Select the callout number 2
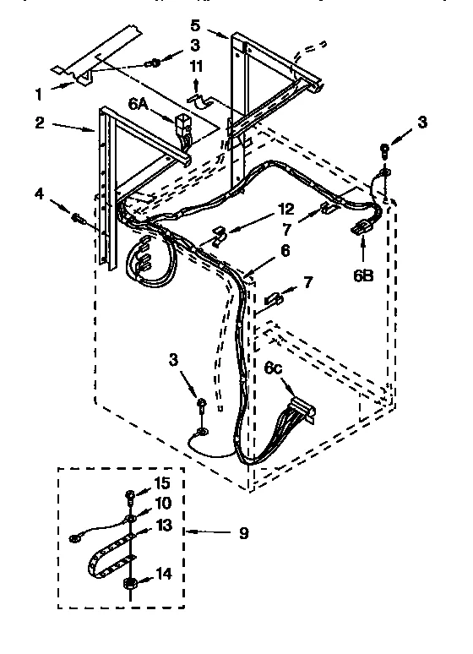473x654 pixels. pyautogui.click(x=41, y=122)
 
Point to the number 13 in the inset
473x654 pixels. pyautogui.click(x=164, y=525)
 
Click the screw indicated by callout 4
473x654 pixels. pyautogui.click(x=79, y=220)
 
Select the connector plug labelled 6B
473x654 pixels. pyautogui.click(x=362, y=226)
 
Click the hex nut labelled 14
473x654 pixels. pyautogui.click(x=131, y=582)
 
